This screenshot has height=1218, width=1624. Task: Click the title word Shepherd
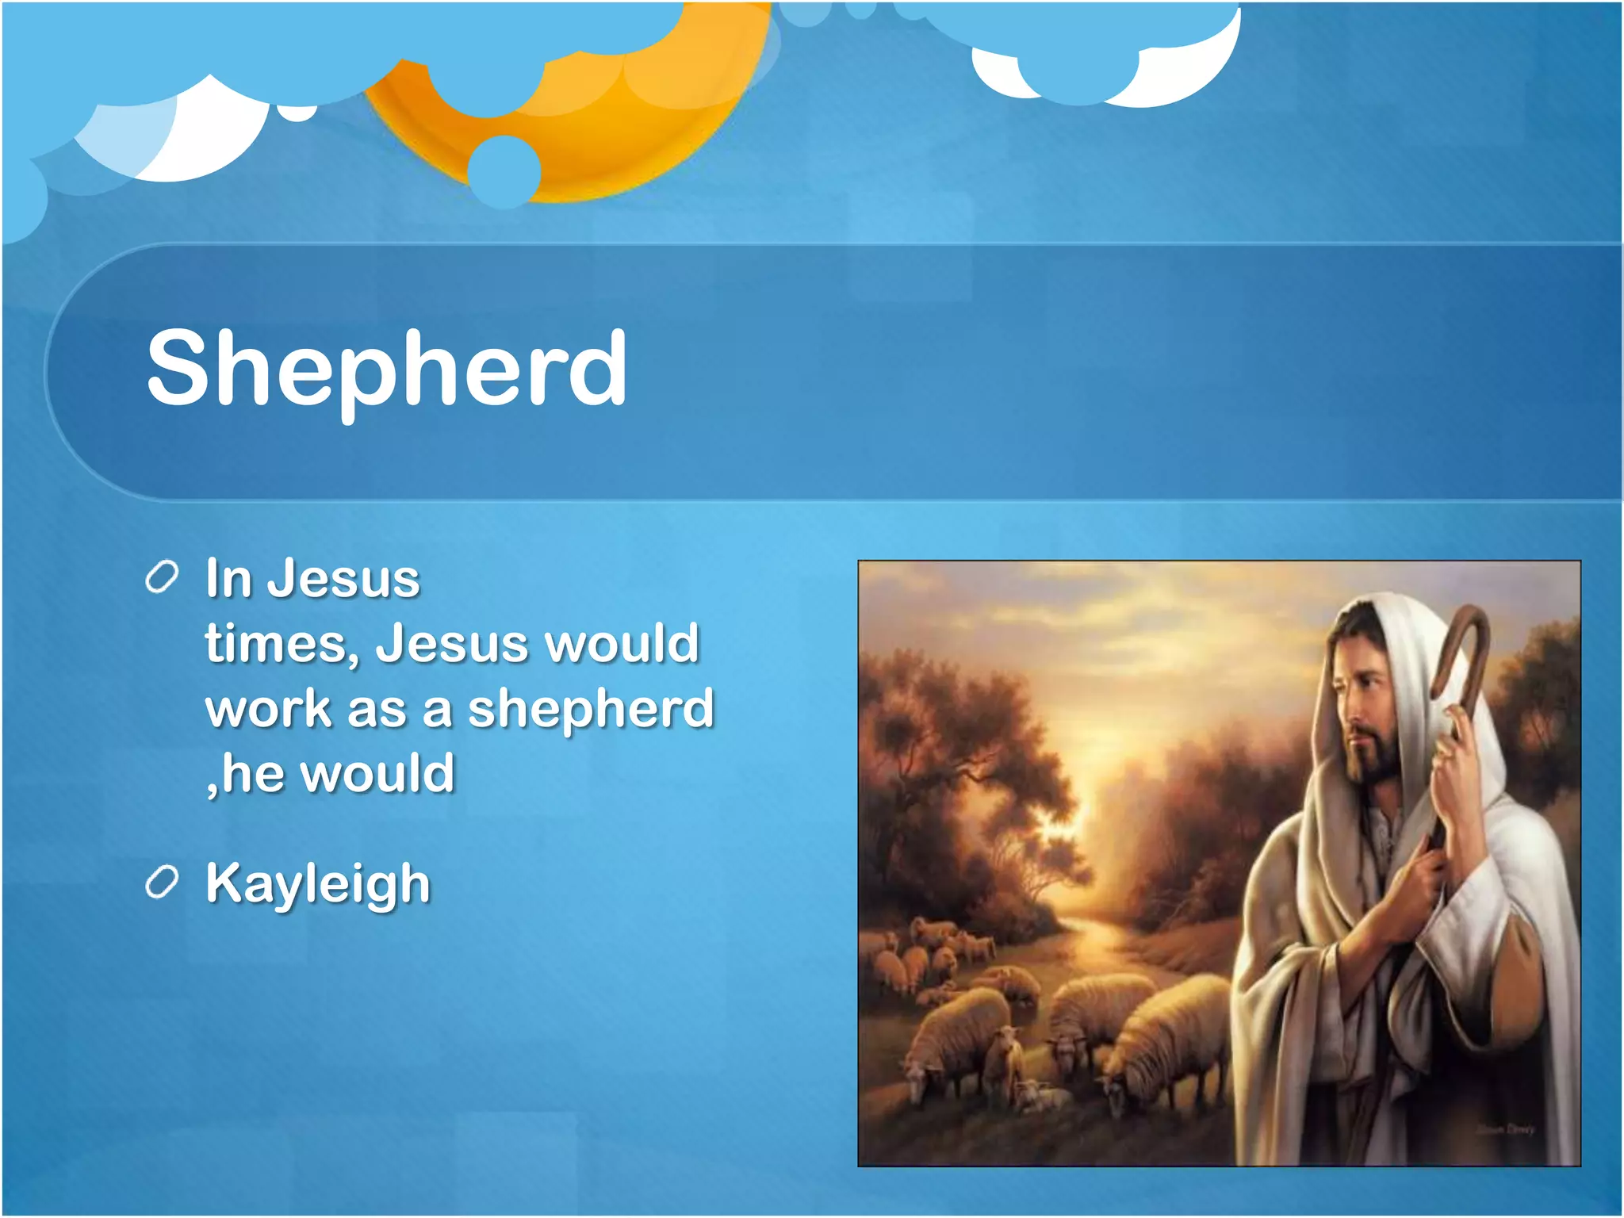pyautogui.click(x=387, y=370)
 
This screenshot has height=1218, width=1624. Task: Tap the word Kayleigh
pyautogui.click(x=317, y=883)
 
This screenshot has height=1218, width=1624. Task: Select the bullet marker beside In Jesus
pyautogui.click(x=162, y=577)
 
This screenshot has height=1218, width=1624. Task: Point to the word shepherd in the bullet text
pyautogui.click(x=591, y=710)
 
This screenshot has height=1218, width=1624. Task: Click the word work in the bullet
pyautogui.click(x=267, y=708)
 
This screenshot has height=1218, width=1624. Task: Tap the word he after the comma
pyautogui.click(x=254, y=774)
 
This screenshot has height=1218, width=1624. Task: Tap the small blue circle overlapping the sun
pyautogui.click(x=504, y=171)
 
